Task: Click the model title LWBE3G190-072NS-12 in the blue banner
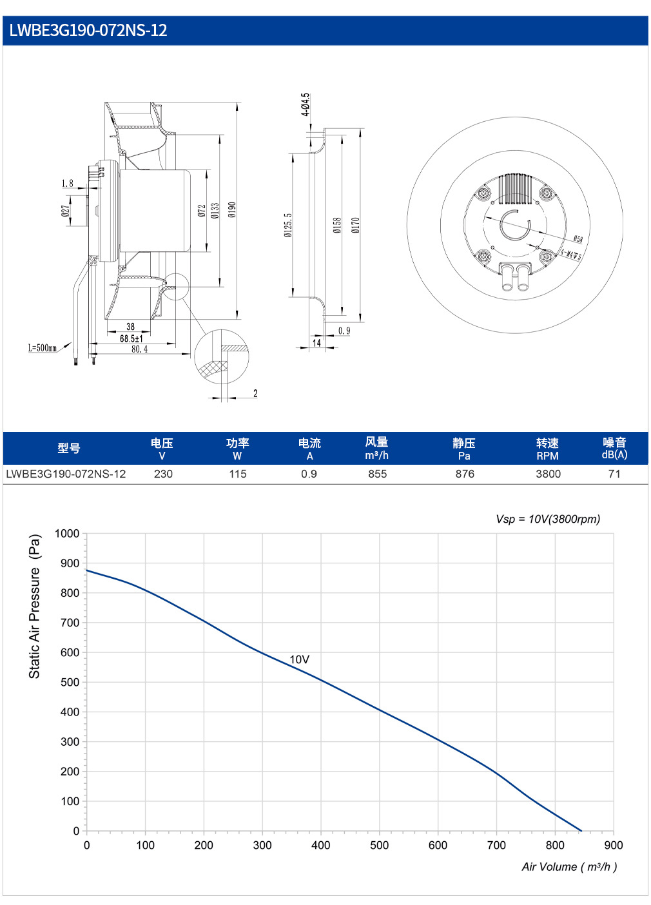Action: [88, 30]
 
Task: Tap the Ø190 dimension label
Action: [231, 210]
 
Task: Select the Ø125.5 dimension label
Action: [287, 225]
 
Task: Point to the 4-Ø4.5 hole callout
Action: [306, 104]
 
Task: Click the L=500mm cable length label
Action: [43, 347]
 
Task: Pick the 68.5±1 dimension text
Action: [131, 338]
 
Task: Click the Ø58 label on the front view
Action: [578, 239]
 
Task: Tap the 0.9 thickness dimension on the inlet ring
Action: [344, 331]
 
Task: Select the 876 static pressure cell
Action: [465, 474]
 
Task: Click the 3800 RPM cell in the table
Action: [548, 474]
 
